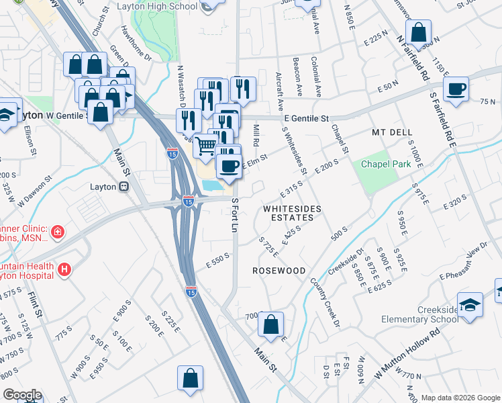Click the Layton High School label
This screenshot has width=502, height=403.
[x=157, y=6]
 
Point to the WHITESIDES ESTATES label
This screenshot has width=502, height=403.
[x=289, y=213]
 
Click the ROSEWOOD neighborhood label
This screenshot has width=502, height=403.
[x=279, y=270]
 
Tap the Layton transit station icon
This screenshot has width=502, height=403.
[x=123, y=187]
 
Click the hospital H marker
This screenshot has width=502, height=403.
[x=64, y=270]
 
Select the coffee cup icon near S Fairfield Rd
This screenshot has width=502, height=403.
[x=456, y=89]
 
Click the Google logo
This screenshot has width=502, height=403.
[x=21, y=395]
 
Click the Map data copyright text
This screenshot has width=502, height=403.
[x=460, y=398]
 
